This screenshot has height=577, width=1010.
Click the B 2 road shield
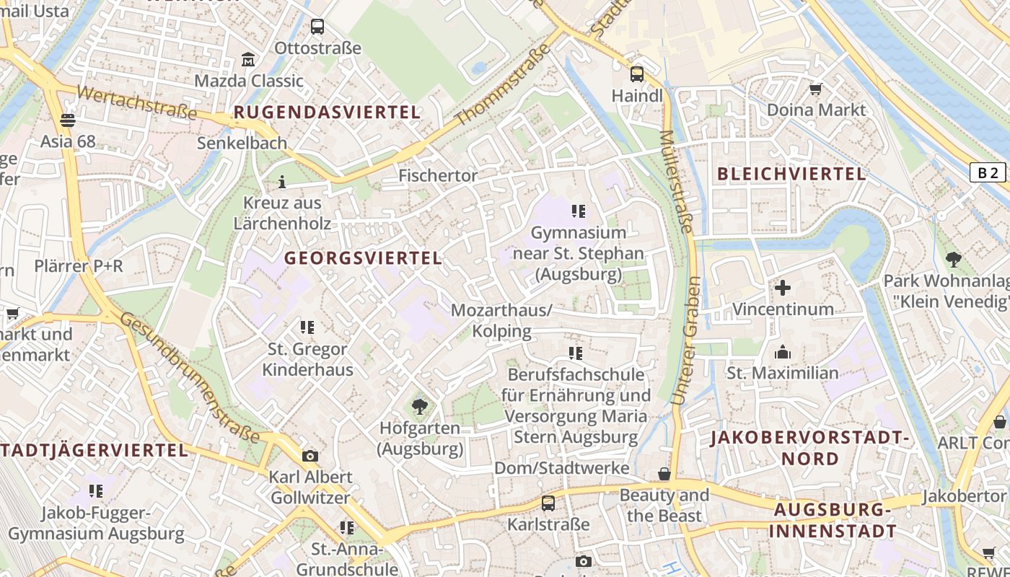click(988, 172)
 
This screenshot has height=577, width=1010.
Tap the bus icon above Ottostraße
click(317, 27)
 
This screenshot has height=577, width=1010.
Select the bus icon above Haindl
click(637, 74)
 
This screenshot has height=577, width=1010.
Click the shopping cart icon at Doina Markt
click(816, 89)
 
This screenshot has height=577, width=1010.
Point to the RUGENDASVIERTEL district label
click(327, 113)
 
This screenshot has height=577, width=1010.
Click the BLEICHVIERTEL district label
click(791, 174)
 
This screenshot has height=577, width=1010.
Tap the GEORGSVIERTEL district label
click(363, 258)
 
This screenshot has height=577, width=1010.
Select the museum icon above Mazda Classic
click(248, 59)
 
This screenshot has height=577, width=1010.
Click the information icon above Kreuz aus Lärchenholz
click(282, 181)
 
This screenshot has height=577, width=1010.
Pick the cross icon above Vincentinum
click(783, 288)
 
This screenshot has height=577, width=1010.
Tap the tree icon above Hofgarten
click(419, 407)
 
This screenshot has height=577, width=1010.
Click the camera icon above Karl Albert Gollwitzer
click(310, 456)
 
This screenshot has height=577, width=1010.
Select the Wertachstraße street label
click(136, 103)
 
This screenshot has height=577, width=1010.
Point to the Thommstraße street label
click(503, 84)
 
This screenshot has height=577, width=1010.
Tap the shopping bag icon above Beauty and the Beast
click(664, 474)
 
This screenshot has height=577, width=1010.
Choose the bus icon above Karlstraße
click(548, 503)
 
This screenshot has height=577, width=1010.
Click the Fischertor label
click(438, 175)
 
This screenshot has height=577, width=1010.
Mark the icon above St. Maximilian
click(782, 352)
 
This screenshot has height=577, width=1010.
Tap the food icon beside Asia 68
click(68, 120)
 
